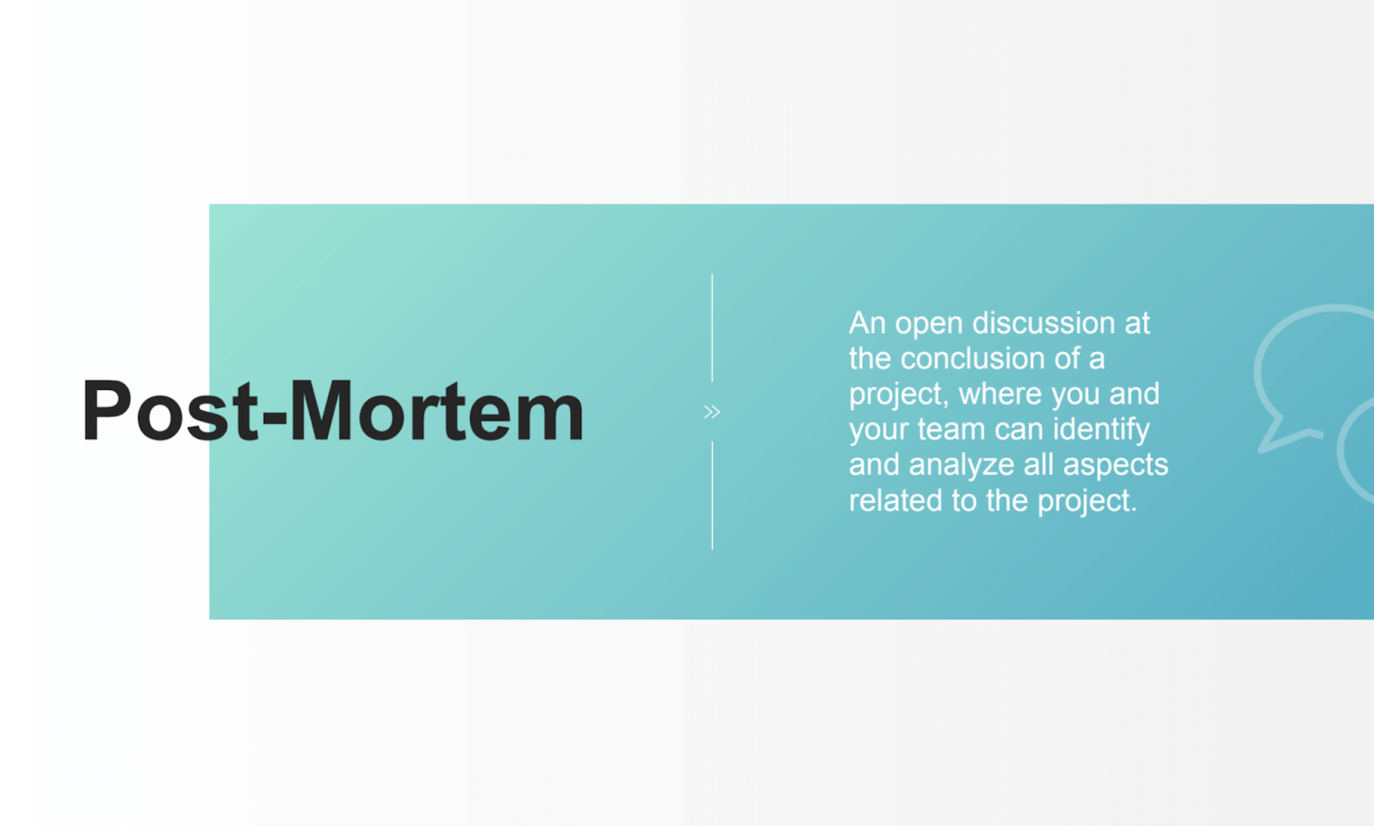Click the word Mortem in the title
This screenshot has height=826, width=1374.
point(436,411)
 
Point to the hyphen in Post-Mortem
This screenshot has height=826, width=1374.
point(275,418)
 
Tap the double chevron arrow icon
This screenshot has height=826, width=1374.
point(712,412)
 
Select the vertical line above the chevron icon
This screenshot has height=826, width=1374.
point(712,328)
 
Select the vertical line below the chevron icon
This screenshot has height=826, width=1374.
point(712,495)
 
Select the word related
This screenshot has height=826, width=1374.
point(896,501)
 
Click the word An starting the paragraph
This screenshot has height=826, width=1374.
point(867,323)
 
